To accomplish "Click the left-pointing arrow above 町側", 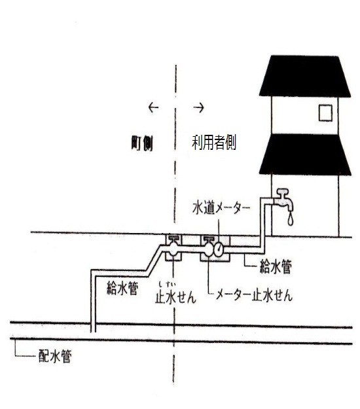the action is coord(153,107).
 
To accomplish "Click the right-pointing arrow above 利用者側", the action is coord(198,107).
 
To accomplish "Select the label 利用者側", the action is coord(214,143).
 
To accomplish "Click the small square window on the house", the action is coord(325,113).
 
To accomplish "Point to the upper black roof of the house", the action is coord(305,76).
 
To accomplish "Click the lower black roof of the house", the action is coord(305,154).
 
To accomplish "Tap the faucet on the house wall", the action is coord(283,199).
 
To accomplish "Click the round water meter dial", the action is coord(219,249).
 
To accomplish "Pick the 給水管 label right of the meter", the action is coord(276,267).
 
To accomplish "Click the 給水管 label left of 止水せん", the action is coord(122,288).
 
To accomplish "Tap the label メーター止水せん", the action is coord(254,296).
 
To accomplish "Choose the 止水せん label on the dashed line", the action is coord(175,297).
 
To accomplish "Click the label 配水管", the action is coord(55,356).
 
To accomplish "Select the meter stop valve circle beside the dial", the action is coord(209,249).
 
